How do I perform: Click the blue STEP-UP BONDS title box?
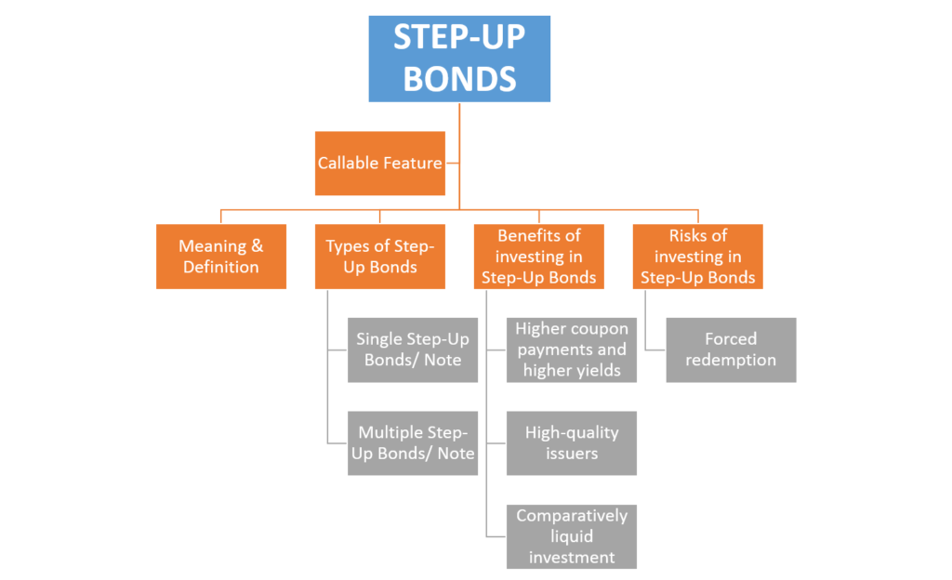pyautogui.click(x=459, y=59)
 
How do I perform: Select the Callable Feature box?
pyautogui.click(x=379, y=164)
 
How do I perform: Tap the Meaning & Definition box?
pyautogui.click(x=220, y=257)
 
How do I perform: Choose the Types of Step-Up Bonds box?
pyautogui.click(x=379, y=257)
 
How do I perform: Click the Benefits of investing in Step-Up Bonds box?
pyautogui.click(x=538, y=257)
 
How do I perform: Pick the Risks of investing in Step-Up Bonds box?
pyautogui.click(x=697, y=257)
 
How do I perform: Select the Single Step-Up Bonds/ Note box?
pyautogui.click(x=413, y=350)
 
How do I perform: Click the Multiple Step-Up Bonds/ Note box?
pyautogui.click(x=413, y=443)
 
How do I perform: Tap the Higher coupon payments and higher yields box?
pyautogui.click(x=572, y=350)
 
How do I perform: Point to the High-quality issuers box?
pyautogui.click(x=572, y=443)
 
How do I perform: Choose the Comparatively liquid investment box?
pyautogui.click(x=572, y=536)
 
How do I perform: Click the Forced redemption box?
pyautogui.click(x=731, y=350)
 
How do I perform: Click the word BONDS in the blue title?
pyautogui.click(x=459, y=78)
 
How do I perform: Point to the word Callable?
pyautogui.click(x=348, y=164)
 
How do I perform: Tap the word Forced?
pyautogui.click(x=731, y=339)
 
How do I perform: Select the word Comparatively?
pyautogui.click(x=572, y=516)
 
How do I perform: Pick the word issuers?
pyautogui.click(x=572, y=454)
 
